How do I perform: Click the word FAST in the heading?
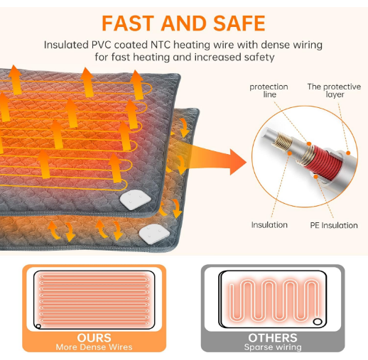pyautogui.click(x=128, y=23)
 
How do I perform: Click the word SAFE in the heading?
pyautogui.click(x=239, y=23)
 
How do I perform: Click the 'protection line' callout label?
pyautogui.click(x=269, y=90)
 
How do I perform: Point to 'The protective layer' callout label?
pyautogui.click(x=334, y=90)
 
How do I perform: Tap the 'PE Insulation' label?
pyautogui.click(x=334, y=225)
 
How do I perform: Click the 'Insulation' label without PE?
pyautogui.click(x=269, y=225)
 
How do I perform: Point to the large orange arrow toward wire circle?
pyautogui.click(x=213, y=158)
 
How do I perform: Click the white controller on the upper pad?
pyautogui.click(x=136, y=200)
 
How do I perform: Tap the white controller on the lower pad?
pyautogui.click(x=154, y=232)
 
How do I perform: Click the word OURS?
pyautogui.click(x=94, y=338)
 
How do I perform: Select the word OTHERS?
pyautogui.click(x=273, y=338)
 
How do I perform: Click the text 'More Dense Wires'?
pyautogui.click(x=94, y=347)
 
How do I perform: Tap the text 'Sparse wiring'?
pyautogui.click(x=273, y=347)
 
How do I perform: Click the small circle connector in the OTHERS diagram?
pyautogui.click(x=318, y=322)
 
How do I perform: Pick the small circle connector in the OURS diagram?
pyautogui.click(x=38, y=327)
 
